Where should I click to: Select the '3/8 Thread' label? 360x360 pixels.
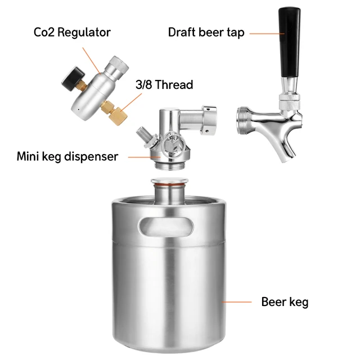point(164,85)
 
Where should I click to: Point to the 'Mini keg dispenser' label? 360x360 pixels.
point(67,156)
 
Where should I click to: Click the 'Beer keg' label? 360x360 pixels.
point(285,302)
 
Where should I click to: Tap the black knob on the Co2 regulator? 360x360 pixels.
point(69,79)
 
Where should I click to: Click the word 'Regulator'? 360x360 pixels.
point(88,32)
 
